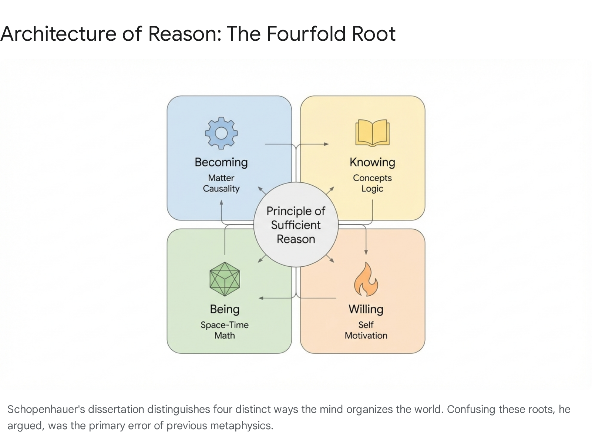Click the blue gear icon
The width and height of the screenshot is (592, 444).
221,133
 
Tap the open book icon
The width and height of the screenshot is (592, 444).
372,132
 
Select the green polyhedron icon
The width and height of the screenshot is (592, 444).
225,279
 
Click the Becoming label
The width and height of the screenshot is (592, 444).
221,162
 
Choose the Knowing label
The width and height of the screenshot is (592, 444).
372,162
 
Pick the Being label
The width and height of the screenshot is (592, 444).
225,309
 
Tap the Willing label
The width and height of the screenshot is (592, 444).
366,309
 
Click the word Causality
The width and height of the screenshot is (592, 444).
221,189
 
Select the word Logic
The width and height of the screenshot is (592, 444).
372,189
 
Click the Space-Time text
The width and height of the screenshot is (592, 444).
225,325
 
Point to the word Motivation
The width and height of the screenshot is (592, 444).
366,336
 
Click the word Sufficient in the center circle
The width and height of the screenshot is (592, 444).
296,225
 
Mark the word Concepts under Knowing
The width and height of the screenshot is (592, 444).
372,178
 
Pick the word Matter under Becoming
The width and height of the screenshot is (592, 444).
221,178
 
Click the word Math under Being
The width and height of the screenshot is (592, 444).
225,336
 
